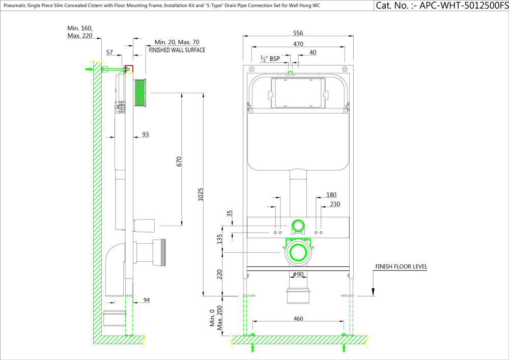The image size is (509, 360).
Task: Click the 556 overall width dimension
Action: click(x=298, y=33)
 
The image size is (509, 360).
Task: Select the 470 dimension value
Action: click(x=298, y=44)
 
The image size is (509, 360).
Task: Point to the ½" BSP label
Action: click(x=270, y=59)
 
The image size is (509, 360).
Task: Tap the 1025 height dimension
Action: click(x=201, y=195)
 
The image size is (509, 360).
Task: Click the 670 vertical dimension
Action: click(x=179, y=162)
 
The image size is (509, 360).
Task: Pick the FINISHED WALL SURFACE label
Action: click(x=177, y=50)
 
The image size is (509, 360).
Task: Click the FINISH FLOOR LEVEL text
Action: click(x=401, y=266)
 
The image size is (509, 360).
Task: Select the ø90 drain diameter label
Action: click(x=298, y=275)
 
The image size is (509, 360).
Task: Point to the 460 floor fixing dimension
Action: click(x=298, y=319)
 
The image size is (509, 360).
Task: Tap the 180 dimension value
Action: click(x=331, y=195)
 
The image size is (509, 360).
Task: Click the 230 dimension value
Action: click(x=335, y=204)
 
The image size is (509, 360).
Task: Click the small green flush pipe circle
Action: click(x=298, y=226)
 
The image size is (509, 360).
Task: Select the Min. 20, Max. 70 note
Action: click(x=177, y=42)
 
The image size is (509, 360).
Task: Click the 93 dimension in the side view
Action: click(x=146, y=135)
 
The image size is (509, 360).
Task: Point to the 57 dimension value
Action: click(x=110, y=52)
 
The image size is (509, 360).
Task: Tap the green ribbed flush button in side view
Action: click(x=141, y=93)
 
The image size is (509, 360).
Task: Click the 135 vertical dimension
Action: click(x=219, y=239)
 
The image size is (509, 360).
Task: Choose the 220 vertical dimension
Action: click(x=219, y=274)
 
